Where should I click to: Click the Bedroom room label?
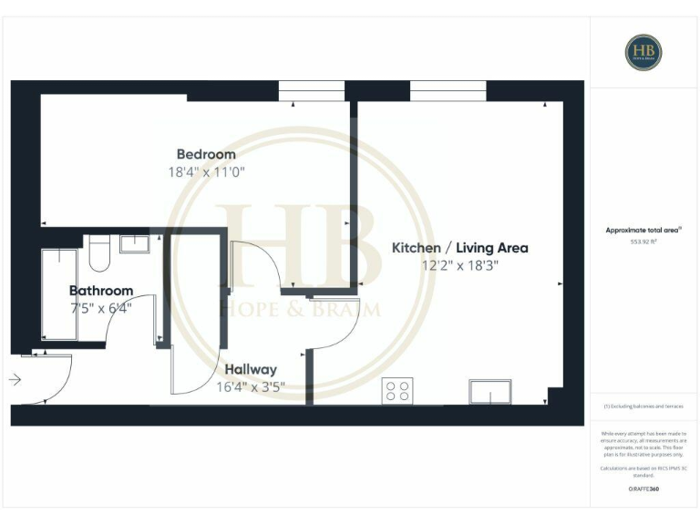point(206,154)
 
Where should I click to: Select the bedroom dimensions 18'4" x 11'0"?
point(206,171)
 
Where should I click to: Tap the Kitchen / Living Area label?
point(459,248)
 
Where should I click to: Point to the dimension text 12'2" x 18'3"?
point(459,265)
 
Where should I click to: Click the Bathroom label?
point(101,291)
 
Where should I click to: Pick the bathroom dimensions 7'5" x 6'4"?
point(101,307)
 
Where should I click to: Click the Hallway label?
point(251,369)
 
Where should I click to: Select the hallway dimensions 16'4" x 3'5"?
point(251,386)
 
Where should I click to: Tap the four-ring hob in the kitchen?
point(398,390)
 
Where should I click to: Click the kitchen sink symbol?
point(489,391)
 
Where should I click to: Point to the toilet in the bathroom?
point(98,251)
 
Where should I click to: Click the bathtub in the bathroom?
point(59,294)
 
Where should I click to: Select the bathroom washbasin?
point(135,242)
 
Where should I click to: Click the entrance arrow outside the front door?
point(15,379)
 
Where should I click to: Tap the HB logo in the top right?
point(643,52)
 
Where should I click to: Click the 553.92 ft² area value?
point(643,242)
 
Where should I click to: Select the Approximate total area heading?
point(643,231)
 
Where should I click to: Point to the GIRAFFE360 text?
point(643,489)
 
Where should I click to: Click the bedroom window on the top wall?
point(312,91)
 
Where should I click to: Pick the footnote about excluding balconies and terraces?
point(643,407)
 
